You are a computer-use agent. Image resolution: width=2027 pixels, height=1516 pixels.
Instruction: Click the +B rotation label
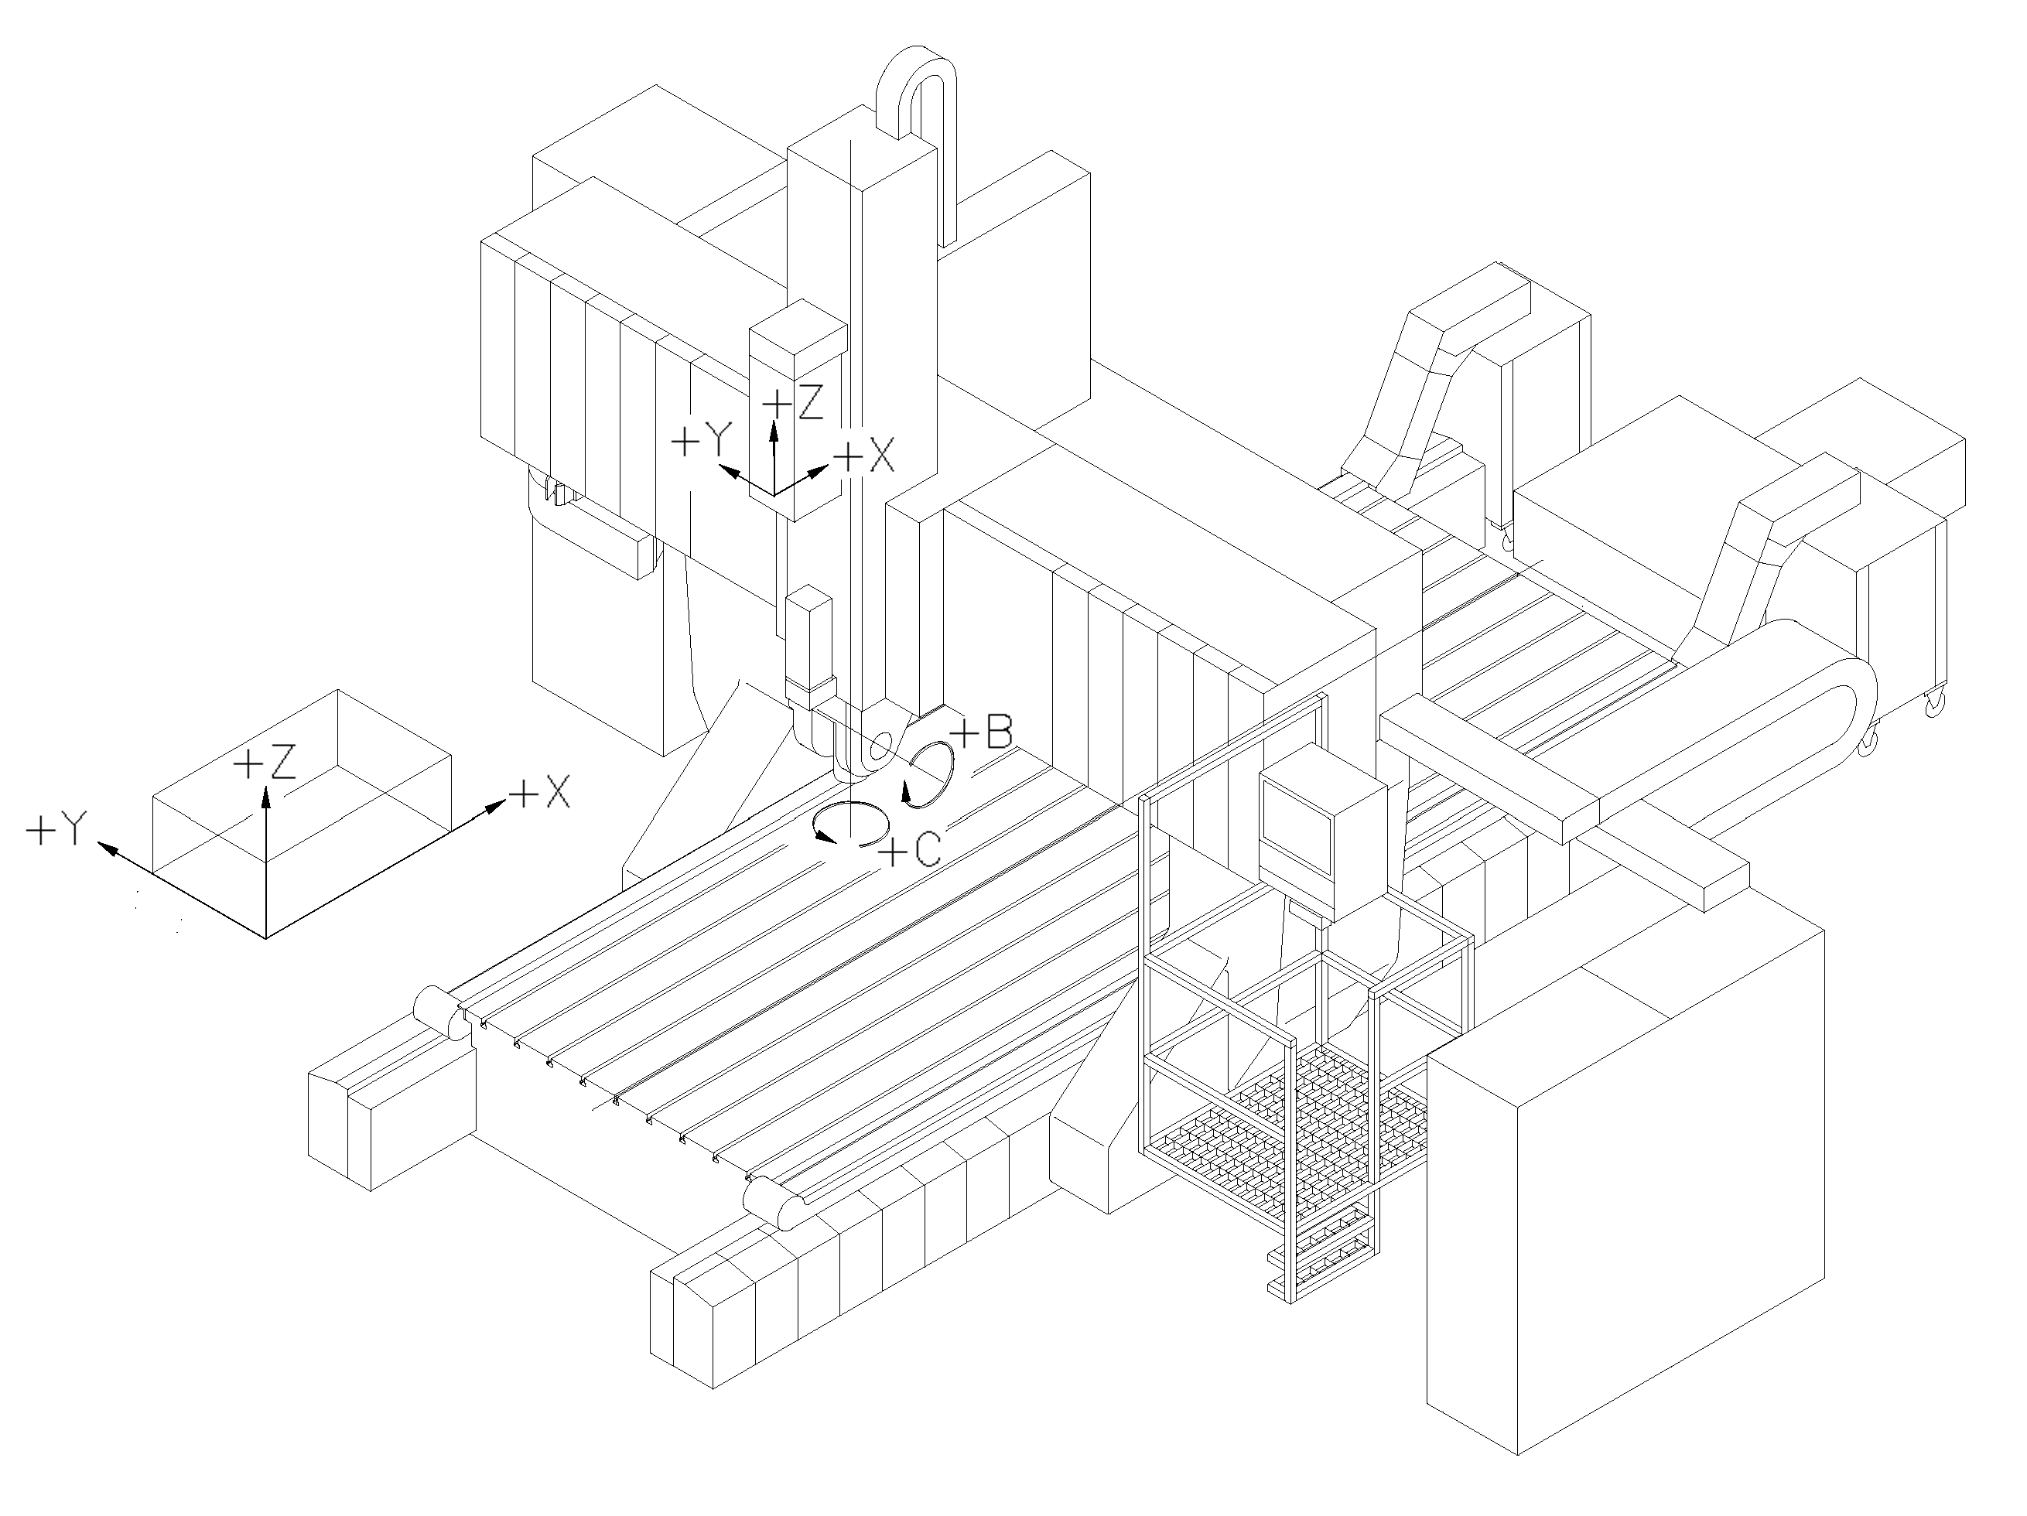point(983,732)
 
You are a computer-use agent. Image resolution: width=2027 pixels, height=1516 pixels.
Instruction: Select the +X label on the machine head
point(865,456)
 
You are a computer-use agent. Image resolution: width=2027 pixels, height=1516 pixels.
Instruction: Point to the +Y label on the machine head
point(699,443)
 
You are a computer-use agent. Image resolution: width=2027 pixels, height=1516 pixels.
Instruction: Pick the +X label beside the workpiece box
point(541,792)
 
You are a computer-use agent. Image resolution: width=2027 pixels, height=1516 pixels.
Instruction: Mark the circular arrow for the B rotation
point(930,774)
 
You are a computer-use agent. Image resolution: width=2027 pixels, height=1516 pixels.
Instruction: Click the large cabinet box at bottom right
point(1622,1227)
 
